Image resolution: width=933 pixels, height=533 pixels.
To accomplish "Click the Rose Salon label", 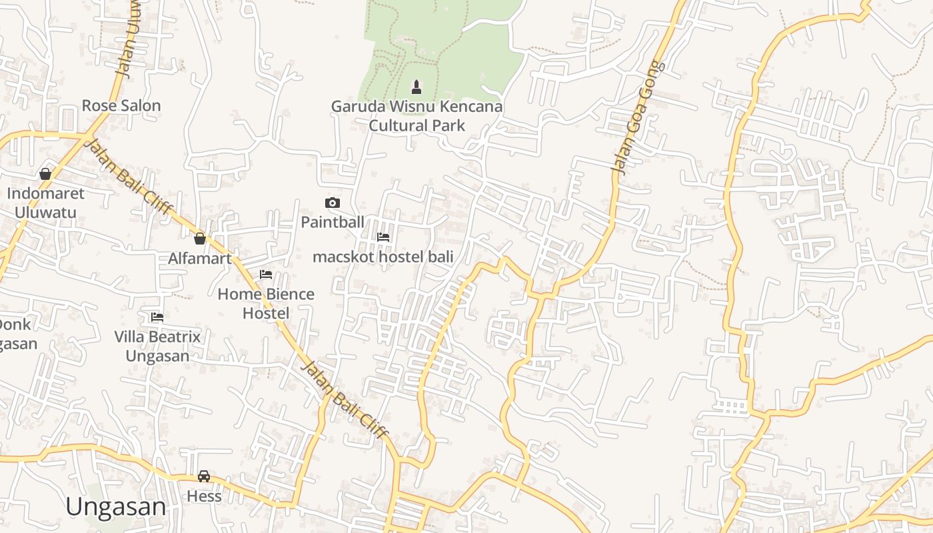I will pyautogui.click(x=121, y=105).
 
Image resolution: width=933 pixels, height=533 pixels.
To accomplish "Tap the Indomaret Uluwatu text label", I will pyautogui.click(x=46, y=203).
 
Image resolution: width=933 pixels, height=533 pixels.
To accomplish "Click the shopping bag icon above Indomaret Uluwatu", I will pyautogui.click(x=45, y=174).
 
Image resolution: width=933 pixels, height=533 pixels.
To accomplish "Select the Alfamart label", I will pyautogui.click(x=200, y=259).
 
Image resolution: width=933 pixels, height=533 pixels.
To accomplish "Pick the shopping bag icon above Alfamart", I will pyautogui.click(x=199, y=239).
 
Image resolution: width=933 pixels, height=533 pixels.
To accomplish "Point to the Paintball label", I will pyautogui.click(x=333, y=222).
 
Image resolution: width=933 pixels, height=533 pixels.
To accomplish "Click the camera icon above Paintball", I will pyautogui.click(x=333, y=203).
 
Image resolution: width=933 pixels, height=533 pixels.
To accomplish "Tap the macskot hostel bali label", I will pyautogui.click(x=383, y=257).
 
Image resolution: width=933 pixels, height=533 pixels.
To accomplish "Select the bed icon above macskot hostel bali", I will pyautogui.click(x=383, y=237).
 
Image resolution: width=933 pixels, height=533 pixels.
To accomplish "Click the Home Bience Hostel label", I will pyautogui.click(x=266, y=303).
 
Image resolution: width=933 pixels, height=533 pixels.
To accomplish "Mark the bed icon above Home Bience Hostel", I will pyautogui.click(x=266, y=274).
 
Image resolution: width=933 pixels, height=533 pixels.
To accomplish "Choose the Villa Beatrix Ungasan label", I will pyautogui.click(x=157, y=346).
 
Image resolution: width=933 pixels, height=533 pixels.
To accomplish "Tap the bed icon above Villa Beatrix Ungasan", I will pyautogui.click(x=157, y=316).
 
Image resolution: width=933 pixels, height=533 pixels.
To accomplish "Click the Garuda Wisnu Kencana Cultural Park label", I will pyautogui.click(x=417, y=116).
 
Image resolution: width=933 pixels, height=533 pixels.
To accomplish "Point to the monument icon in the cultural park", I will pyautogui.click(x=417, y=87).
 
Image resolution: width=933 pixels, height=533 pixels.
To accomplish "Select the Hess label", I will pyautogui.click(x=204, y=496).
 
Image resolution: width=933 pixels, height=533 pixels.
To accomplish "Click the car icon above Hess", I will pyautogui.click(x=204, y=476).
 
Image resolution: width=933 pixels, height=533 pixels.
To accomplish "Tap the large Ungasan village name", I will pyautogui.click(x=116, y=507).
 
